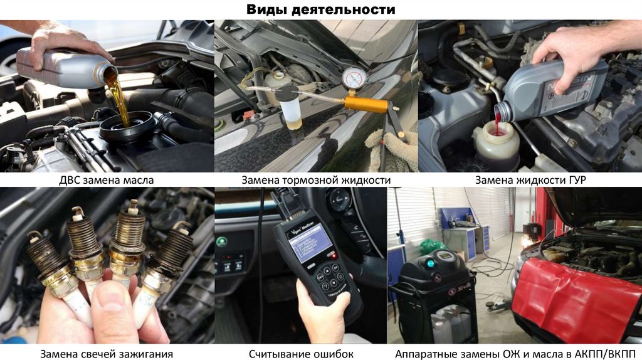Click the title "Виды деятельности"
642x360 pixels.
click(320, 9)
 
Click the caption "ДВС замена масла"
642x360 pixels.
click(107, 180)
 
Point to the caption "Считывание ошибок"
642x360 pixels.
click(301, 354)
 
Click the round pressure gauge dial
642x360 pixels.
click(355, 77)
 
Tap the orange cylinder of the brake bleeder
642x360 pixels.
click(366, 104)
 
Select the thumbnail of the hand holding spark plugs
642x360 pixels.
click(107, 265)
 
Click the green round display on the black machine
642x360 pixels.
click(430, 262)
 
